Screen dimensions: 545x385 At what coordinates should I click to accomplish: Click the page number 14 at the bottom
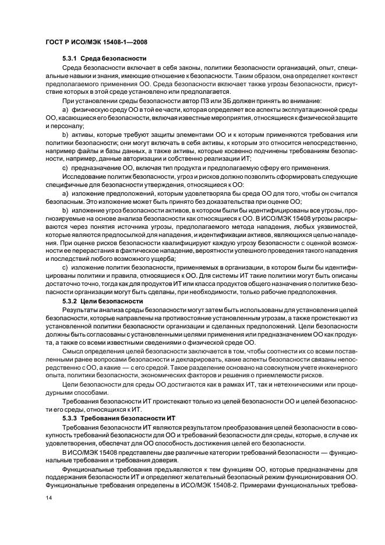pos(48,498)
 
